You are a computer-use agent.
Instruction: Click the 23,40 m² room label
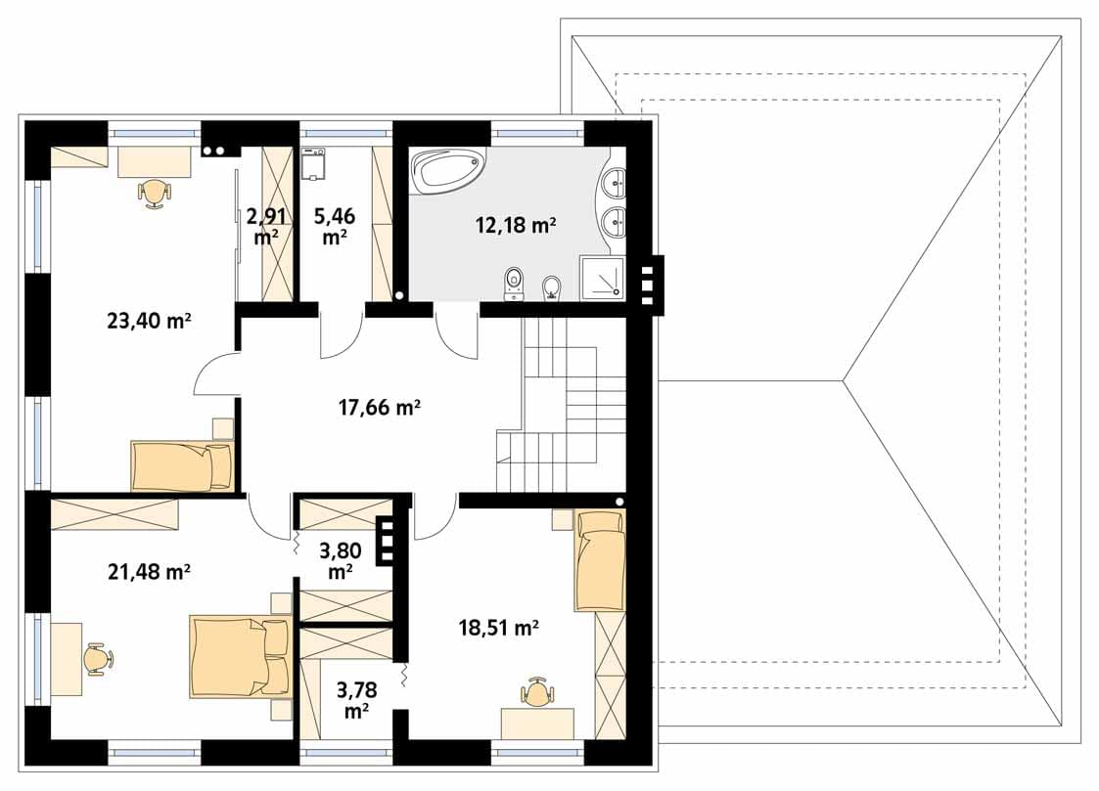150,321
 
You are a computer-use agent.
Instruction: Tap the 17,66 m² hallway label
379,407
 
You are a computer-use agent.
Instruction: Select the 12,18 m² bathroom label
516,226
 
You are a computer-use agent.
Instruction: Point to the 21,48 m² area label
150,572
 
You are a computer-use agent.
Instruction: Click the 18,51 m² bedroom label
499,627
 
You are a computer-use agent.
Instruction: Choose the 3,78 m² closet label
357,700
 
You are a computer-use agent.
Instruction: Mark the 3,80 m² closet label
341,560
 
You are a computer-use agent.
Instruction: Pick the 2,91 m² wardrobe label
266,226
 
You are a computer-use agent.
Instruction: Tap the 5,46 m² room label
335,226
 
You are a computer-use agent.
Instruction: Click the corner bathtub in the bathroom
448,169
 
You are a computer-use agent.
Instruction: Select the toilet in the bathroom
515,284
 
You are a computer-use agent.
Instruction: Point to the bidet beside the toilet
552,287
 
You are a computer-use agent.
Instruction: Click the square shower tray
601,278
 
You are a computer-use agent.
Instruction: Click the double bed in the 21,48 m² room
240,657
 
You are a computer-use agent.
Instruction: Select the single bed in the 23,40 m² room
182,465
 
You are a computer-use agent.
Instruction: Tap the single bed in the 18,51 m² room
600,560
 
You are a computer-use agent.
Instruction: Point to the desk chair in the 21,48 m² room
98,659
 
